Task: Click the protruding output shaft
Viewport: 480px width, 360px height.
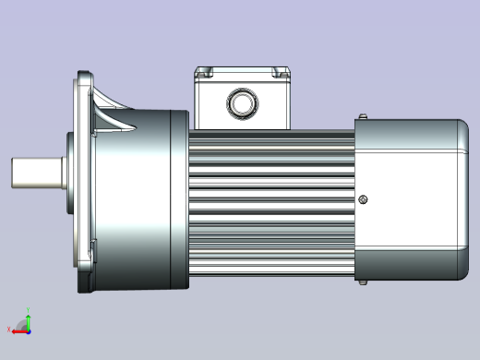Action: pyautogui.click(x=36, y=172)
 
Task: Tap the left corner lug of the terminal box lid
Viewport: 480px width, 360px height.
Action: pyautogui.click(x=203, y=72)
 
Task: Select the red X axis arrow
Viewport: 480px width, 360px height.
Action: pyautogui.click(x=19, y=329)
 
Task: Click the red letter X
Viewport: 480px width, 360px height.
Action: pyautogui.click(x=10, y=329)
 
